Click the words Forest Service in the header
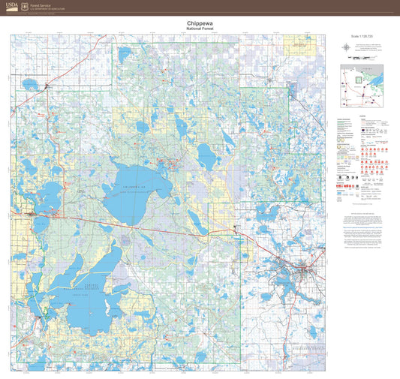click(x=40, y=4)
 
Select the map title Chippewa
click(x=199, y=23)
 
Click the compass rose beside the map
click(x=344, y=47)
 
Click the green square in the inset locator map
click(x=359, y=77)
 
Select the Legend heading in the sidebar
click(x=363, y=117)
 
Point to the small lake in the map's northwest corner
click(x=30, y=83)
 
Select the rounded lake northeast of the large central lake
click(x=206, y=155)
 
